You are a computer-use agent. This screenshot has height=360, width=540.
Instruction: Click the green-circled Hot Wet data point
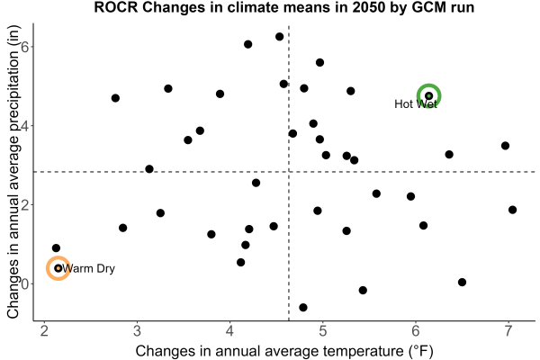tap(428, 95)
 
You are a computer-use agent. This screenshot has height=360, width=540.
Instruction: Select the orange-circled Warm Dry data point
tap(58, 268)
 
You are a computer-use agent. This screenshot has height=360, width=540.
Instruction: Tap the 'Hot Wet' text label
tap(416, 103)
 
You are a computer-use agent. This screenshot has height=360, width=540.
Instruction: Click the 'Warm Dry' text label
tap(89, 268)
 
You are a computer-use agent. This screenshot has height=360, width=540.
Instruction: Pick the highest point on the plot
tap(279, 37)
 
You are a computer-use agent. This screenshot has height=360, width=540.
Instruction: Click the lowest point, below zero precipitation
tap(303, 307)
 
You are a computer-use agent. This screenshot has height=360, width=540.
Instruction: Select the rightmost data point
tap(512, 210)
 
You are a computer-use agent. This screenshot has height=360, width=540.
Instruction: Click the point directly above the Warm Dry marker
tap(56, 248)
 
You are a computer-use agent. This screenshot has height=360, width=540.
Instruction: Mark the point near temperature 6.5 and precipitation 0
tap(463, 282)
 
